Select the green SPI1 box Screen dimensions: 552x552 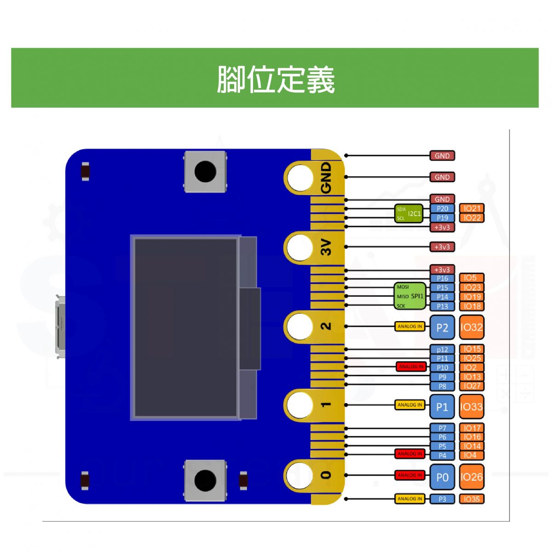click(x=411, y=296)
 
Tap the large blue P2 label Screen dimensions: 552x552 click(x=442, y=327)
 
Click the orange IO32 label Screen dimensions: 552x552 click(x=471, y=327)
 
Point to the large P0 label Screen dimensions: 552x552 click(x=442, y=477)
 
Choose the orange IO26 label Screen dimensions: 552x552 click(x=471, y=477)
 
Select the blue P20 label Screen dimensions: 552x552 click(x=442, y=208)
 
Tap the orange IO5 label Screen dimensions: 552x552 click(x=471, y=278)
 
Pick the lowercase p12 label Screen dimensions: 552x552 click(x=442, y=349)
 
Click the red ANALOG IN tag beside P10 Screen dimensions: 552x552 click(x=411, y=367)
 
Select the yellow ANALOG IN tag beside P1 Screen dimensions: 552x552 click(x=410, y=405)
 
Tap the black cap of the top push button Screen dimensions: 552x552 click(x=205, y=172)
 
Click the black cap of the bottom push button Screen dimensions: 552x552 click(x=205, y=480)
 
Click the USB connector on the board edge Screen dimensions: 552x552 click(x=60, y=327)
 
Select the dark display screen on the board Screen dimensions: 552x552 click(x=186, y=328)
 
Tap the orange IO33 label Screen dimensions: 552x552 click(x=471, y=407)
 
